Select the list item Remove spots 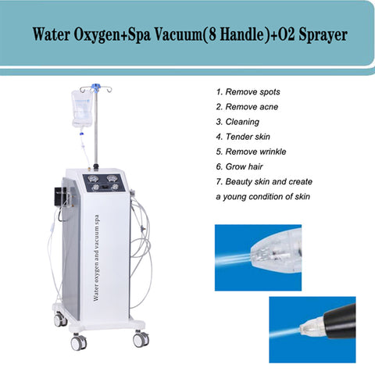[x=248, y=91]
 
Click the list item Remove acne [x=247, y=107]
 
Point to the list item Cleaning [x=237, y=122]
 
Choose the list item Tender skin [x=243, y=137]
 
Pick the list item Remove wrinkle [x=251, y=152]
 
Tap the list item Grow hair [x=239, y=166]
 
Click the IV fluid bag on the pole [x=82, y=109]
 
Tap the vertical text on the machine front [x=96, y=258]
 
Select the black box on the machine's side [x=59, y=194]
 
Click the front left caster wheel [x=79, y=341]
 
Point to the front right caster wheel [x=141, y=339]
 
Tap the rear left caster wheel [x=60, y=319]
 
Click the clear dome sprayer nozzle [x=276, y=252]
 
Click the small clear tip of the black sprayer [x=308, y=328]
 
